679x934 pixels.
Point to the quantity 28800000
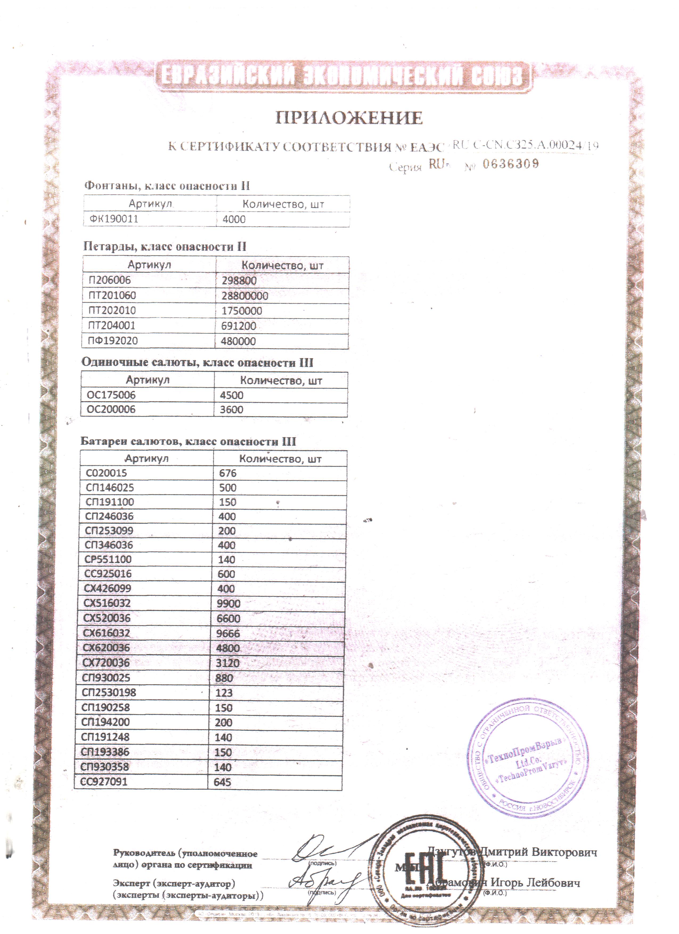245,296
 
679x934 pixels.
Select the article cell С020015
106,473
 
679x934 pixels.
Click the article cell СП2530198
109,692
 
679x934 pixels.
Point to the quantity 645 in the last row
222,782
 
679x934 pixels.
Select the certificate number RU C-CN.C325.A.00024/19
525,145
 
